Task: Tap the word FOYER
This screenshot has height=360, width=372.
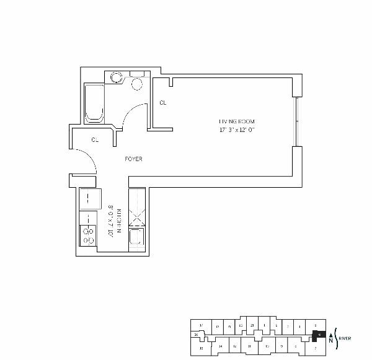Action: point(133,159)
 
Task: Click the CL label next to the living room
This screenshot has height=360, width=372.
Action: point(162,103)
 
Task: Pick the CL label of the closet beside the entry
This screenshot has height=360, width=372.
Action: point(95,140)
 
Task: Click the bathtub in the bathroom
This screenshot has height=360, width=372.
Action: point(94,103)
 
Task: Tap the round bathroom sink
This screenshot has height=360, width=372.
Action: point(116,78)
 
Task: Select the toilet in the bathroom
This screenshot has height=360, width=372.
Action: point(137,82)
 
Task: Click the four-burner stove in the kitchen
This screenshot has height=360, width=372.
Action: point(89,235)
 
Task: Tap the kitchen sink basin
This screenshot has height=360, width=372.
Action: point(135,239)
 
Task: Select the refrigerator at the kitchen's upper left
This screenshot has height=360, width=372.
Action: point(89,200)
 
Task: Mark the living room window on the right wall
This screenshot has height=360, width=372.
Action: point(297,122)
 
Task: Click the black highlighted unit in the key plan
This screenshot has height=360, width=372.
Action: point(319,335)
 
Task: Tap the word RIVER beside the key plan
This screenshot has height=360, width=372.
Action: point(345,338)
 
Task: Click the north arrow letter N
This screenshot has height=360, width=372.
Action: point(330,340)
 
